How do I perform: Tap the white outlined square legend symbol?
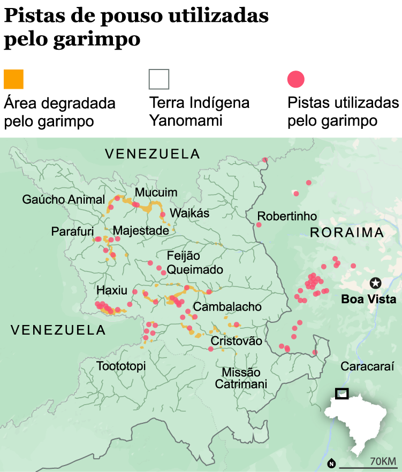(x=159, y=79)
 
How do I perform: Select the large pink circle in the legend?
(x=296, y=79)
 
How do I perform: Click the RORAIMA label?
(x=347, y=233)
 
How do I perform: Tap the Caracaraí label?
(x=367, y=367)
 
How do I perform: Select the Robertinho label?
(x=287, y=216)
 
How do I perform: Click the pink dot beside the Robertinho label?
(x=259, y=225)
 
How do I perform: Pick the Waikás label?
(x=189, y=213)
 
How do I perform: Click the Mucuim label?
(x=156, y=192)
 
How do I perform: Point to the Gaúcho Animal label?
(x=64, y=199)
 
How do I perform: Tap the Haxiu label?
(x=112, y=290)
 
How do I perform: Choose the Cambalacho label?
(x=227, y=307)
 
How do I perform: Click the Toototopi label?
(x=121, y=366)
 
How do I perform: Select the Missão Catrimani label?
(x=237, y=378)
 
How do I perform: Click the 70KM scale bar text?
(x=383, y=461)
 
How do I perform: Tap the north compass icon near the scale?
(x=331, y=463)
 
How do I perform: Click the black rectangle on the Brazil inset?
(x=342, y=394)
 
